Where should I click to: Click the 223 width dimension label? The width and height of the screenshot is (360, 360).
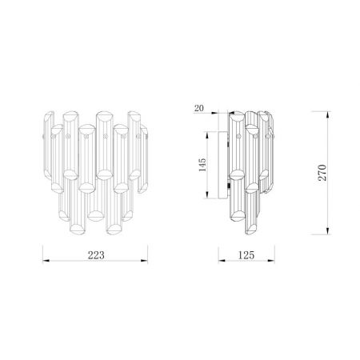click(x=96, y=255)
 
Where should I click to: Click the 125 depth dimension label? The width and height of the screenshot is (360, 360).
click(x=246, y=255)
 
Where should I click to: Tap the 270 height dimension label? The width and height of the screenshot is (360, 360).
click(x=322, y=173)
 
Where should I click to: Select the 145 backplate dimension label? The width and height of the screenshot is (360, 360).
click(x=202, y=165)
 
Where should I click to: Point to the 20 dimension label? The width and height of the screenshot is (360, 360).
click(x=199, y=108)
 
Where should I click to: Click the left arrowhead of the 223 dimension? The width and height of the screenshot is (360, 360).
click(x=46, y=261)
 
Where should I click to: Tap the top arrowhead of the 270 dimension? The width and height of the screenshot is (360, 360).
click(x=328, y=115)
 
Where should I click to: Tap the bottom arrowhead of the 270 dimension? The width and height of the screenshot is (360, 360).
click(x=328, y=231)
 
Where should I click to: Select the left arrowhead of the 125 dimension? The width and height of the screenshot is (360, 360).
click(x=222, y=261)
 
